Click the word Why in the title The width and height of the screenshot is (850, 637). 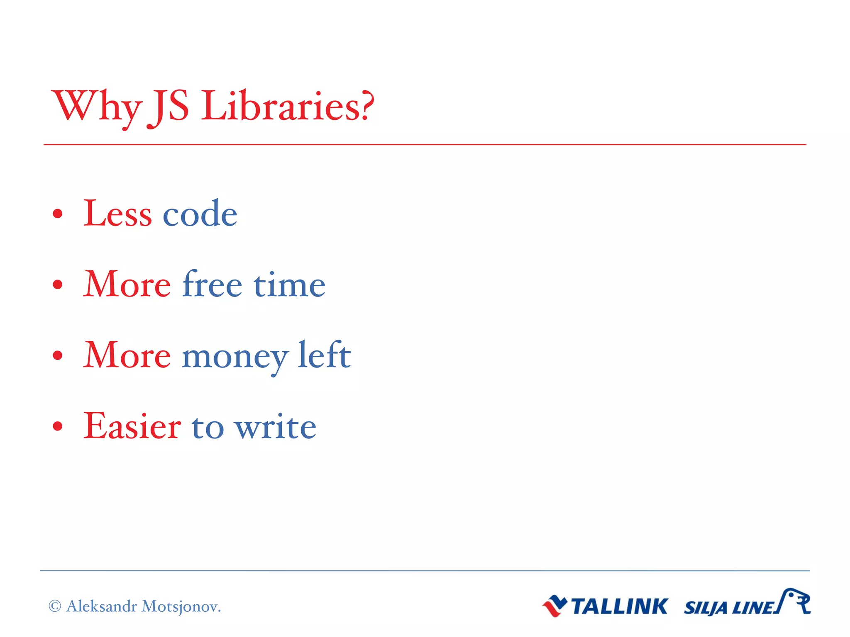click(x=96, y=107)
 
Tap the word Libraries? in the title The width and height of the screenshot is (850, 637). click(x=288, y=107)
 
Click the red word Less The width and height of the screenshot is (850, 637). click(x=117, y=214)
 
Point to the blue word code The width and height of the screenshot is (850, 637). click(x=200, y=214)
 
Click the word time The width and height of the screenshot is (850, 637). click(x=289, y=285)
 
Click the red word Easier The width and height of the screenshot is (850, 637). click(x=132, y=426)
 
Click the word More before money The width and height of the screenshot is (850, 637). click(x=127, y=356)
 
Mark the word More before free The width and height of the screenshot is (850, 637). click(x=127, y=285)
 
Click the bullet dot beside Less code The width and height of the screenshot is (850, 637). click(x=58, y=214)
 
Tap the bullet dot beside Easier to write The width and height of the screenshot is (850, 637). click(x=58, y=426)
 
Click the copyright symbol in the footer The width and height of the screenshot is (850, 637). click(x=55, y=606)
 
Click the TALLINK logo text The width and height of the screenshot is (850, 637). click(x=619, y=606)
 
